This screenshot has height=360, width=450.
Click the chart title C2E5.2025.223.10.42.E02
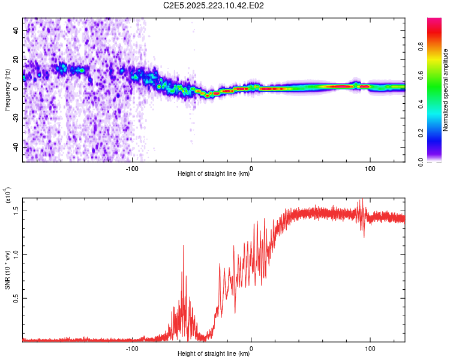213,5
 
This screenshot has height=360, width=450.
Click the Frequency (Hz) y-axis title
7,90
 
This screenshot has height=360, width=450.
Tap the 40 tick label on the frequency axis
16,30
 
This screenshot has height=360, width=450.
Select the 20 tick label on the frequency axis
16,59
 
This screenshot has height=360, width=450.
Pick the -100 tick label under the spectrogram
132,169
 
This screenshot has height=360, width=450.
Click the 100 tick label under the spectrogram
370,169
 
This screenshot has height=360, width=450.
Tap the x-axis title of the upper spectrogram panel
214,173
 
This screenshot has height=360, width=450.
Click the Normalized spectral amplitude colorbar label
445,90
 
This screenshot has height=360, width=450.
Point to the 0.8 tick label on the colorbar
421,47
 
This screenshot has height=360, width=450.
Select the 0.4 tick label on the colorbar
421,104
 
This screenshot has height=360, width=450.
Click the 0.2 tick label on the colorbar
421,133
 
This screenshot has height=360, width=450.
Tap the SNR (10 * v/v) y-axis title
7,270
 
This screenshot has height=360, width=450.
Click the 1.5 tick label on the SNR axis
16,211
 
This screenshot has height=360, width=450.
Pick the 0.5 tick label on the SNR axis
16,298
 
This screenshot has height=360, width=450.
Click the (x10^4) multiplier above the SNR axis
8,195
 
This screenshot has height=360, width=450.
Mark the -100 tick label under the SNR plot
132,349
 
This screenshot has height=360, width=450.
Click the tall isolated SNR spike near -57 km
184,246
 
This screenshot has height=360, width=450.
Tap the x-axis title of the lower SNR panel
214,353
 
